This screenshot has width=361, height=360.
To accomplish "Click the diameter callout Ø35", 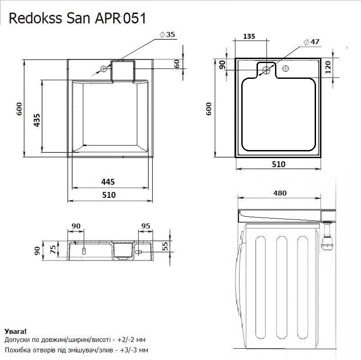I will tap(167, 35).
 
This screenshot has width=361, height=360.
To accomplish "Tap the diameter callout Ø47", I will tap(311, 41).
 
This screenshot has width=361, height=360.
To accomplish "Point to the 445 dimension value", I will tap(108, 182).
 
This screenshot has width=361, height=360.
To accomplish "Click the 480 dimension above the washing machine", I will tap(280, 193).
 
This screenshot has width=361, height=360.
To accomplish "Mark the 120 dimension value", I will tap(328, 68).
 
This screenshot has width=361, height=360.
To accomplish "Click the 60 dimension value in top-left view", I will tap(177, 64).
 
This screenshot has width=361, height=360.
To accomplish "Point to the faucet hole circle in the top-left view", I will tap(104, 68).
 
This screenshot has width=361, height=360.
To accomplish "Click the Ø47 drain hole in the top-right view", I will tap(266, 70).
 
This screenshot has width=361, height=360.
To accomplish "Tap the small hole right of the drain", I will tap(285, 69).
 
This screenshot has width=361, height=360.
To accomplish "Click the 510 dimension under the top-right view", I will tap(279, 164).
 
